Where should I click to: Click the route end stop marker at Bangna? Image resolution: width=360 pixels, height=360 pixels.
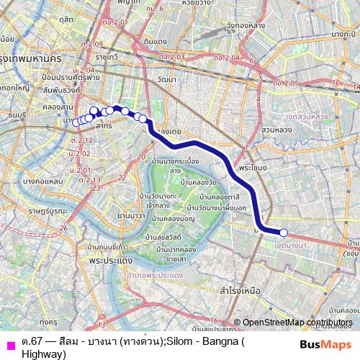[284, 233]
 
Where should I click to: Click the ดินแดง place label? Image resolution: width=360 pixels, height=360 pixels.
[156, 42]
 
